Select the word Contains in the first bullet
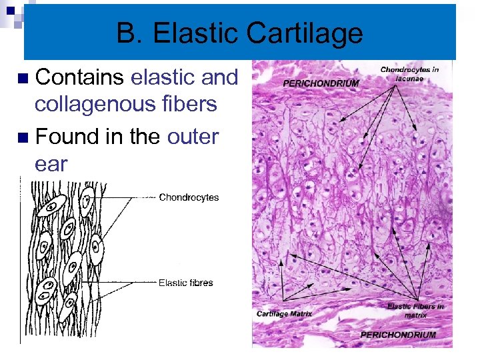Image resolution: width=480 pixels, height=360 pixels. (79, 77)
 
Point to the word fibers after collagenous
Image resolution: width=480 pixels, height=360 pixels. (193, 104)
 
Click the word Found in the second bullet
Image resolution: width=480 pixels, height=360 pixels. (66, 137)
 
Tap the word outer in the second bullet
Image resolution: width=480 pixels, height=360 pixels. (193, 137)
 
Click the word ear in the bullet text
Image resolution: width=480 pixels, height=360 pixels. (51, 164)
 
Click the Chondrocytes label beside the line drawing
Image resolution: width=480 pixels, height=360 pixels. (189, 197)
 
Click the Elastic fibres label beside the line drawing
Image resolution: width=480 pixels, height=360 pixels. (185, 283)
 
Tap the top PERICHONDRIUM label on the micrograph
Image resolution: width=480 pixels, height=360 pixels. (321, 83)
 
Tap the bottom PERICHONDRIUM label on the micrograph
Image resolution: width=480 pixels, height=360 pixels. (398, 335)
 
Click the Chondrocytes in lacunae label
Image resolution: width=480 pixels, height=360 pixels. (409, 73)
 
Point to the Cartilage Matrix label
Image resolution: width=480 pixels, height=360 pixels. (284, 313)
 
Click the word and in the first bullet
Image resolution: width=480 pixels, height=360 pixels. (219, 77)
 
